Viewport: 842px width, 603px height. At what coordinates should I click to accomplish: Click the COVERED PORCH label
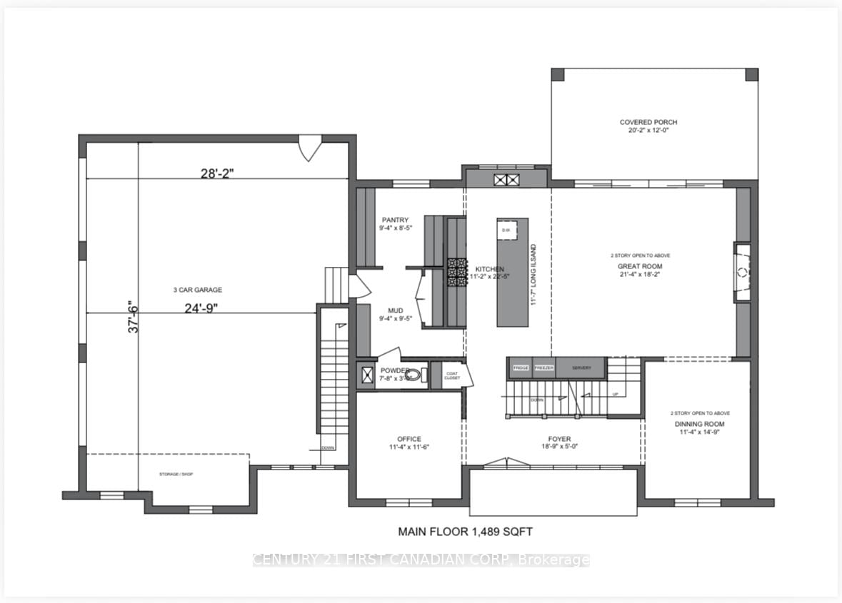[x=648, y=122]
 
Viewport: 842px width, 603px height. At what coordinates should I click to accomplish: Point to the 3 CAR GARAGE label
[x=197, y=290]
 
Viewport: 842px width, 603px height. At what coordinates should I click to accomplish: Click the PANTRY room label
[x=394, y=220]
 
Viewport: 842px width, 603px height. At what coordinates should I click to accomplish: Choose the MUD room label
[x=396, y=310]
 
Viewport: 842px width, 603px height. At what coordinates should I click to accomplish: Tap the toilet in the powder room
[x=415, y=375]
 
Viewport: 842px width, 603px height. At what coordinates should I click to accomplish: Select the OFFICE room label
[x=409, y=439]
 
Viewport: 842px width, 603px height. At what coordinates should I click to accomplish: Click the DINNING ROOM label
[x=700, y=424]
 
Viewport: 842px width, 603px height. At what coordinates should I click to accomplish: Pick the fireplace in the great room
[x=742, y=271]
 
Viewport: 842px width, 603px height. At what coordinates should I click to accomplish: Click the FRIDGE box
[x=521, y=368]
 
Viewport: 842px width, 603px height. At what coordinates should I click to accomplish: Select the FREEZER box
[x=544, y=368]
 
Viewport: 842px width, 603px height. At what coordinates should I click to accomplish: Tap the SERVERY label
[x=582, y=368]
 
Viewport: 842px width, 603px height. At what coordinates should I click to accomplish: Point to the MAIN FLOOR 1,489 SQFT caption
[x=465, y=532]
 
